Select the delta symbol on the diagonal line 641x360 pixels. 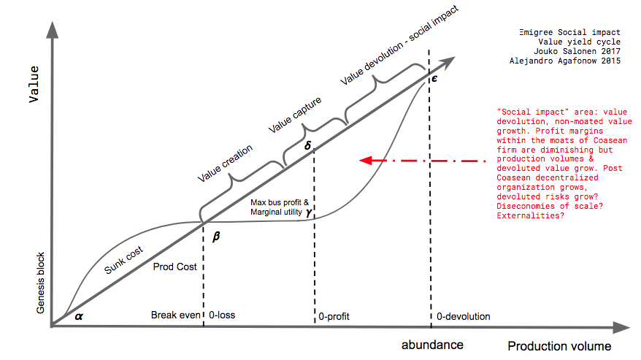click(x=308, y=145)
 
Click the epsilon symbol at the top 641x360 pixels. click(x=434, y=77)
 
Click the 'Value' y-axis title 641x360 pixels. click(x=34, y=85)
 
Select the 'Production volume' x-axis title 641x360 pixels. click(x=559, y=345)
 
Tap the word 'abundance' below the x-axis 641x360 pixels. click(x=432, y=344)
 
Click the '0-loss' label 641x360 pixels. click(x=222, y=315)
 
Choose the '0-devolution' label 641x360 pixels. click(x=463, y=316)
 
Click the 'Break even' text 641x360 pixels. click(x=174, y=315)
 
